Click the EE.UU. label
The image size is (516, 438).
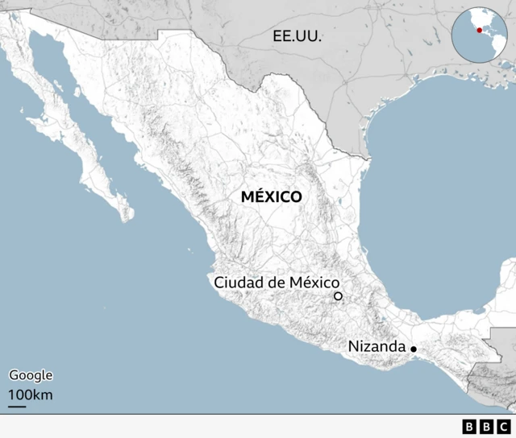tap(297, 35)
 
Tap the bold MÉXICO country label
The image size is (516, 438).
tap(271, 196)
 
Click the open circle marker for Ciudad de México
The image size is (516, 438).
tap(339, 297)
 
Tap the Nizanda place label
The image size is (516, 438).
tap(377, 346)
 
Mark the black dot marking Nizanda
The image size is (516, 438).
tap(414, 349)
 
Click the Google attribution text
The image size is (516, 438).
tap(31, 375)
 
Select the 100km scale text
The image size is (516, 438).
tap(31, 395)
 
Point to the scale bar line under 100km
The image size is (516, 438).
tap(17, 406)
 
